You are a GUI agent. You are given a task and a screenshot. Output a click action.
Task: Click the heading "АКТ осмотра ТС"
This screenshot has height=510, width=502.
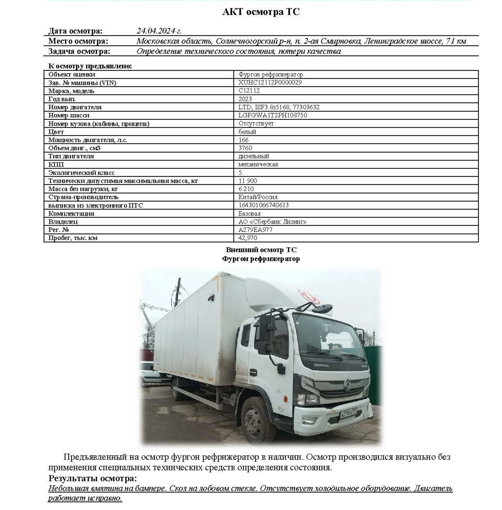[261, 12]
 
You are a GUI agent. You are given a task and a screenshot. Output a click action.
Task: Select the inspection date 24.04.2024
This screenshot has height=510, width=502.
[159, 31]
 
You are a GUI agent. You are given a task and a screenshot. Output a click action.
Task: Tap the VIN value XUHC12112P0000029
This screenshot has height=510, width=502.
[270, 82]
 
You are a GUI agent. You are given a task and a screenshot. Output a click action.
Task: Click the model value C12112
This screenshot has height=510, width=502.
[249, 90]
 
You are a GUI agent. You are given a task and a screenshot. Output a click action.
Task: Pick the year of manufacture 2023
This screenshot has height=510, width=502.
[245, 99]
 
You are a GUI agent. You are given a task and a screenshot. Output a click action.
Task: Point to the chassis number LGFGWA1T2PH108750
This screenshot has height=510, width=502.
[273, 115]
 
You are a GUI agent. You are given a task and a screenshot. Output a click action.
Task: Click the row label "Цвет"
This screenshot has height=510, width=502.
[56, 132]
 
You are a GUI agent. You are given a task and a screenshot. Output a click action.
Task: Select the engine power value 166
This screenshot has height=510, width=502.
[243, 140]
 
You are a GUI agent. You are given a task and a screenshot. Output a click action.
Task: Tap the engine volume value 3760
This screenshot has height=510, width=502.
[245, 148]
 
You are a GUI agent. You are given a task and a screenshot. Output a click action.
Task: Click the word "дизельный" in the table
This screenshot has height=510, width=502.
[254, 156]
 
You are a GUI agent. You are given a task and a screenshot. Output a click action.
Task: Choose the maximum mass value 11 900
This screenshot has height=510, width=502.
[247, 181]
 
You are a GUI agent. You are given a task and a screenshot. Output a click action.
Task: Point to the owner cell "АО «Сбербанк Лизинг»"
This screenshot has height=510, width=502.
[272, 222]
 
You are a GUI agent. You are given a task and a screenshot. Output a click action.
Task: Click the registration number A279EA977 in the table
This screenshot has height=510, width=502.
[255, 230]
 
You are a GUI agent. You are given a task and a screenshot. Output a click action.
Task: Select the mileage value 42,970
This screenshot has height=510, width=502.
[247, 238]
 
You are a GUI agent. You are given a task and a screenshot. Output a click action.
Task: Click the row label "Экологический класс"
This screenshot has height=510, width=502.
[81, 173]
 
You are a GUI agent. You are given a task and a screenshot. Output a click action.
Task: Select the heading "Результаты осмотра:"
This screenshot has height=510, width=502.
[93, 478]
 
